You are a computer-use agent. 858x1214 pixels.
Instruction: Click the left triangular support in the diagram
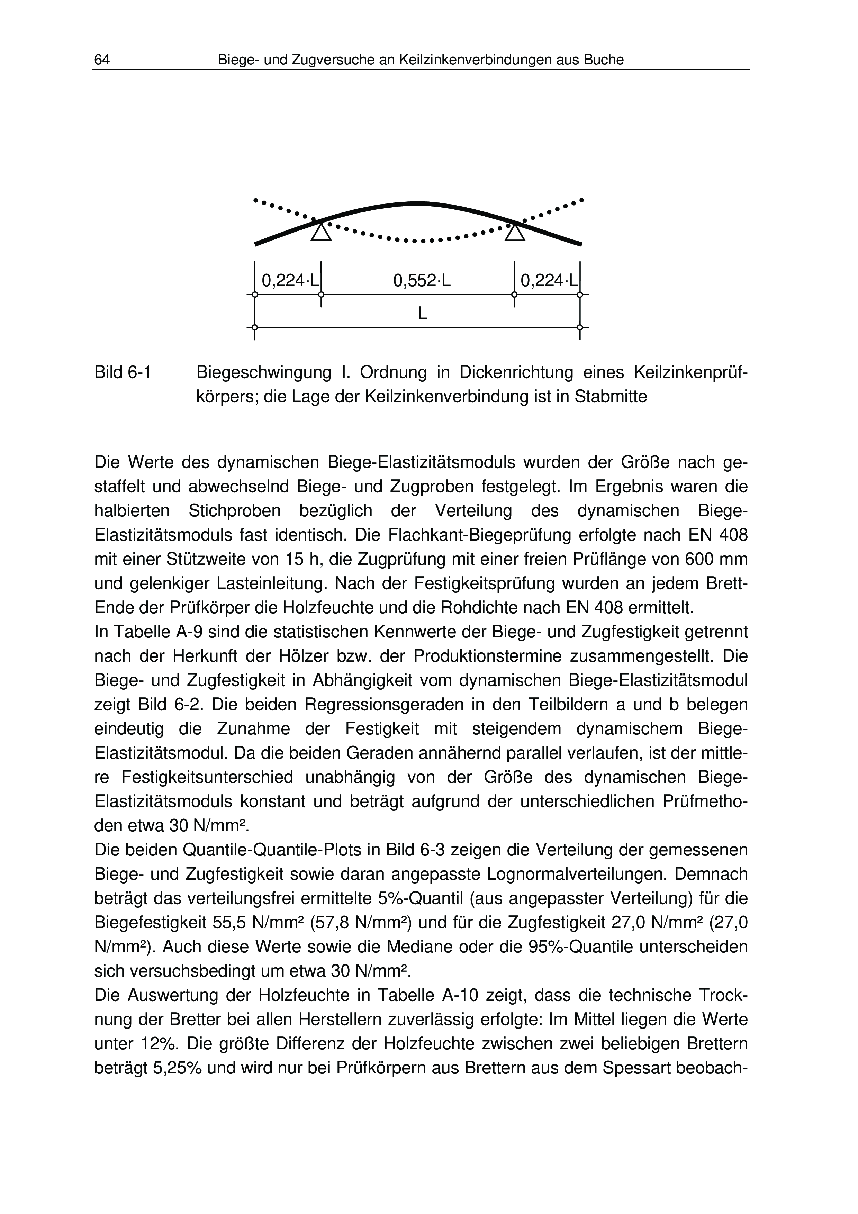[x=321, y=232]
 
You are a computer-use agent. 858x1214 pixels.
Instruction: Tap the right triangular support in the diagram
[x=515, y=232]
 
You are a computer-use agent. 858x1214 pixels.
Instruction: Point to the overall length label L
[x=422, y=314]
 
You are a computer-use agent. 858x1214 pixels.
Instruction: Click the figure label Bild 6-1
[x=123, y=373]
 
